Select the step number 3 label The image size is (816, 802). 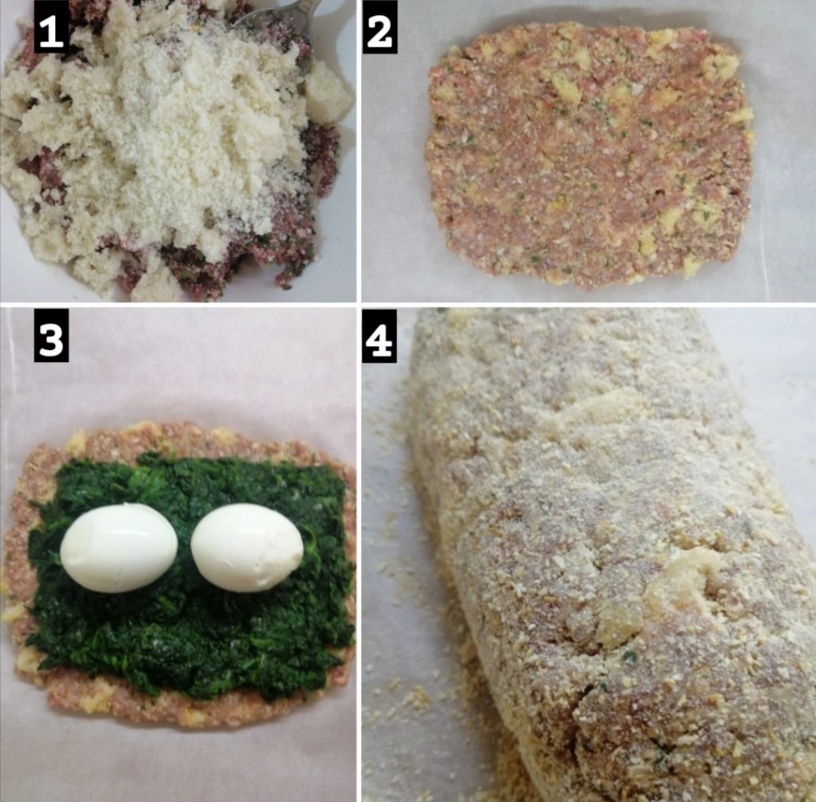coord(51,336)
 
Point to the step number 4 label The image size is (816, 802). coord(379,336)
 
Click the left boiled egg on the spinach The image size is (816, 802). coord(120,548)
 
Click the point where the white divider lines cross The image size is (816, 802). coord(359,305)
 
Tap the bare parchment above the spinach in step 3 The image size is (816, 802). coord(182,380)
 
